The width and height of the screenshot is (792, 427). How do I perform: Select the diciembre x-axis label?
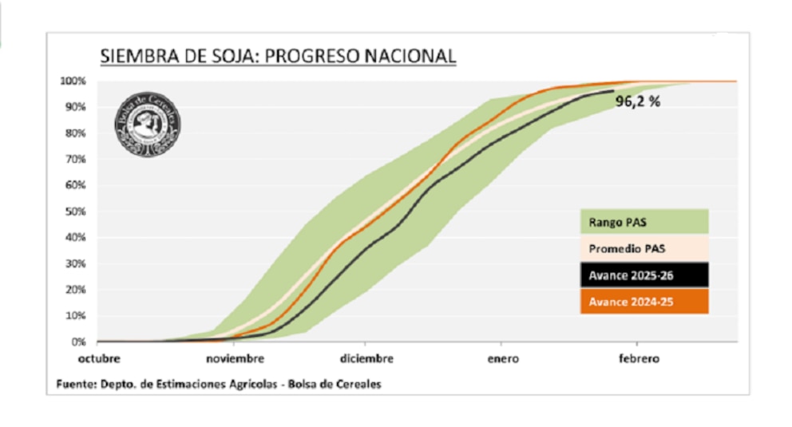(366, 359)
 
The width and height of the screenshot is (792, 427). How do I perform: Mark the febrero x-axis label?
(639, 359)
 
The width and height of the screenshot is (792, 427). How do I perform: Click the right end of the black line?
(613, 91)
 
